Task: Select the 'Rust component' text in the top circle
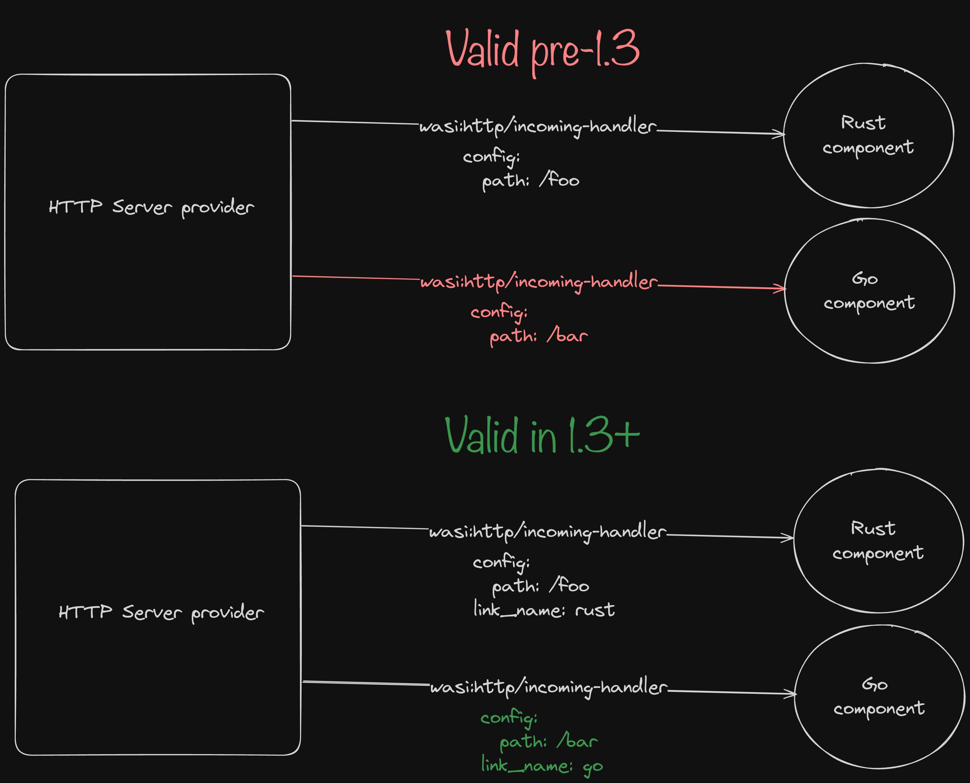click(x=868, y=135)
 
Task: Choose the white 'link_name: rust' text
click(x=544, y=610)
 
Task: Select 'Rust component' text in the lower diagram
click(x=878, y=540)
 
